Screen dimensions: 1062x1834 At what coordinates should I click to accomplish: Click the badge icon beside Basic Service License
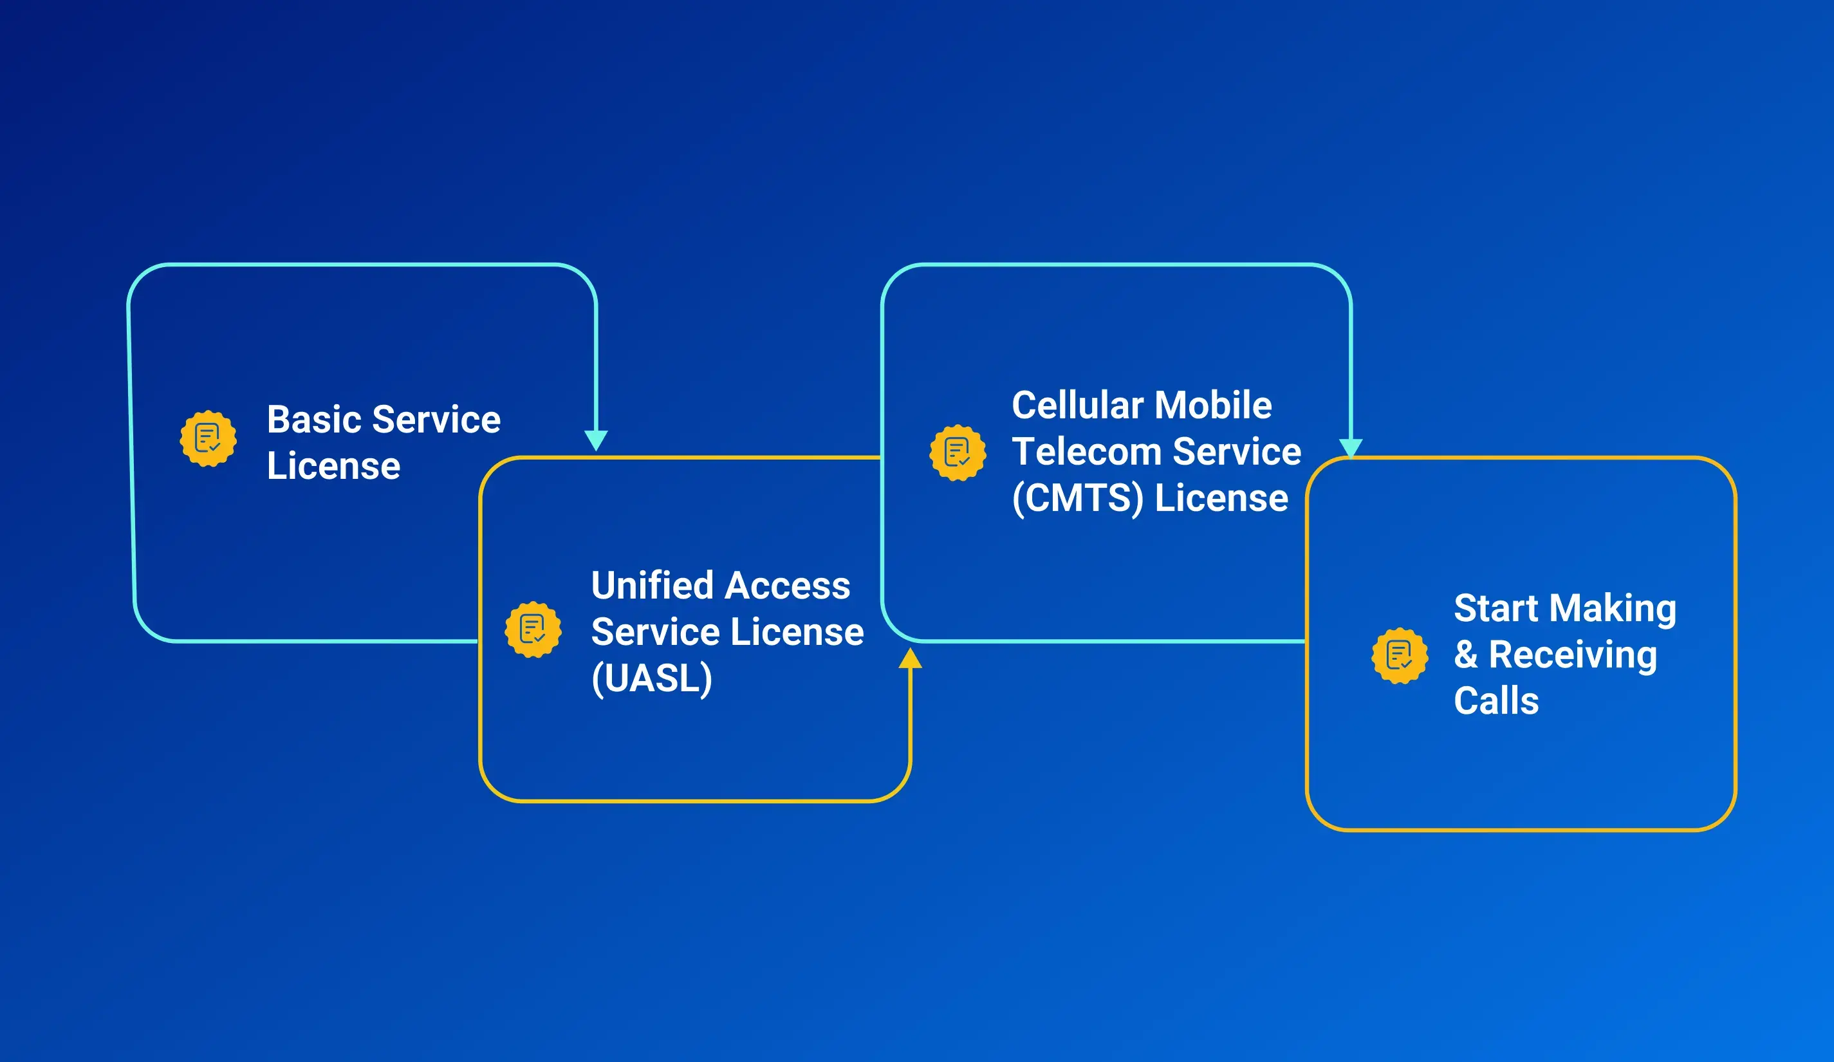click(x=208, y=438)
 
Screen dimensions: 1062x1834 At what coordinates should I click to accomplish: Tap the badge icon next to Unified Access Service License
click(x=533, y=629)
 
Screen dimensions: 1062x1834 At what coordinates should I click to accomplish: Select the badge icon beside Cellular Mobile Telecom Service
click(x=957, y=452)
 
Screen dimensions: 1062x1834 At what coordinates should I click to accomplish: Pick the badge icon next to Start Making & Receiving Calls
click(x=1399, y=656)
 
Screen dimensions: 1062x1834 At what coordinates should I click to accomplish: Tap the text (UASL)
click(x=651, y=678)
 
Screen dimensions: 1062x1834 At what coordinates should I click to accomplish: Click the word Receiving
click(x=1573, y=655)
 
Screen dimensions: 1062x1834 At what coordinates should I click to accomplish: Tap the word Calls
click(x=1496, y=701)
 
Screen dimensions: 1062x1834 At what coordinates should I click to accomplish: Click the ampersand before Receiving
click(x=1465, y=655)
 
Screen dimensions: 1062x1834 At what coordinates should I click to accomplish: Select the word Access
click(x=788, y=586)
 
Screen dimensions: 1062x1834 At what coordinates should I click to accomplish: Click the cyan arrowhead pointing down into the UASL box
click(x=596, y=440)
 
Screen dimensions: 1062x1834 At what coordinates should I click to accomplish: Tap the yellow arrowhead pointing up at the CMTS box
click(x=910, y=658)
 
